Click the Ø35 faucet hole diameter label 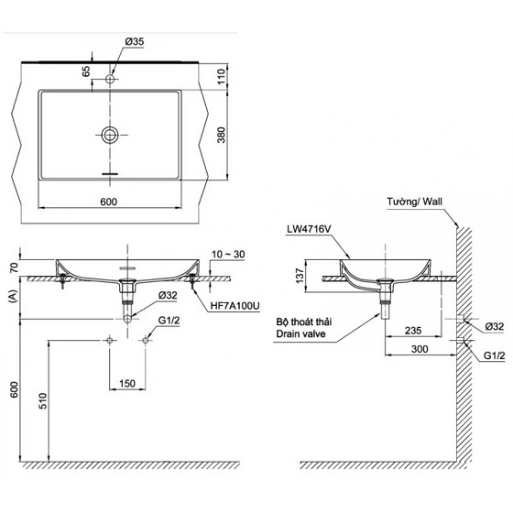(x=135, y=41)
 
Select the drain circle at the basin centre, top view (x=111, y=136)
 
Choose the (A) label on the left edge (x=13, y=296)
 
